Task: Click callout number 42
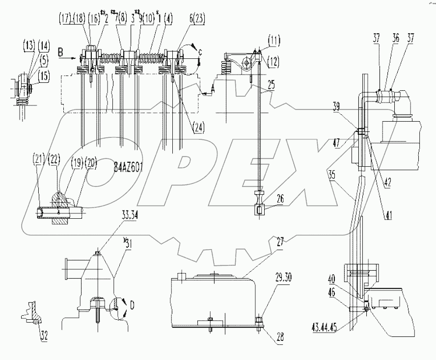(387, 180)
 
